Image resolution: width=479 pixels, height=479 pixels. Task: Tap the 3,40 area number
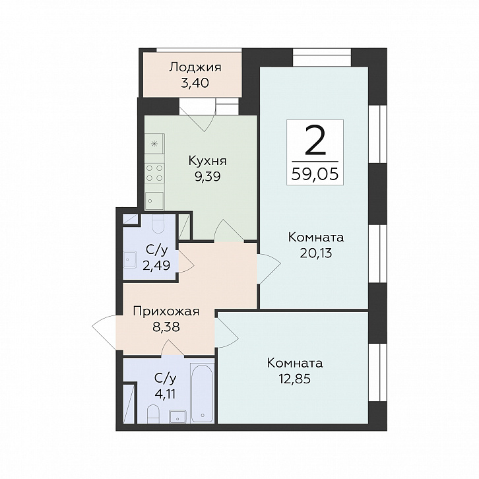point(195,82)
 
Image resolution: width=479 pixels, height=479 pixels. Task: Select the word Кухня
point(208,161)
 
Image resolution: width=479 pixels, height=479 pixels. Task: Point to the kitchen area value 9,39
point(208,176)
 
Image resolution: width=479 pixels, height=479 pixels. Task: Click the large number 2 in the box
point(315,141)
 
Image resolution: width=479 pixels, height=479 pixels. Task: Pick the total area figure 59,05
point(315,174)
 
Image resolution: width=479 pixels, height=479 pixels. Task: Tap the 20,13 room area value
point(316,253)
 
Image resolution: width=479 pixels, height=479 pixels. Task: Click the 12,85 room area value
point(294,379)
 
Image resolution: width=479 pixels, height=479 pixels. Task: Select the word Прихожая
point(166,312)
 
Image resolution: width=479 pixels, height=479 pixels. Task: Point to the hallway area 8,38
point(166,327)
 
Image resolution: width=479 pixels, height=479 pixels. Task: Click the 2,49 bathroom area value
point(156,265)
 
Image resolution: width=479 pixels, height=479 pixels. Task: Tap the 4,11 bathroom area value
point(165,394)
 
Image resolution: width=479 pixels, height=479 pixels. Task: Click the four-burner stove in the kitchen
point(154,173)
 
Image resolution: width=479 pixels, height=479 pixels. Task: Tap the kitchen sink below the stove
point(154,201)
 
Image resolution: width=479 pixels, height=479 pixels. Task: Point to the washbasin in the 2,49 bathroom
point(129,259)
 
